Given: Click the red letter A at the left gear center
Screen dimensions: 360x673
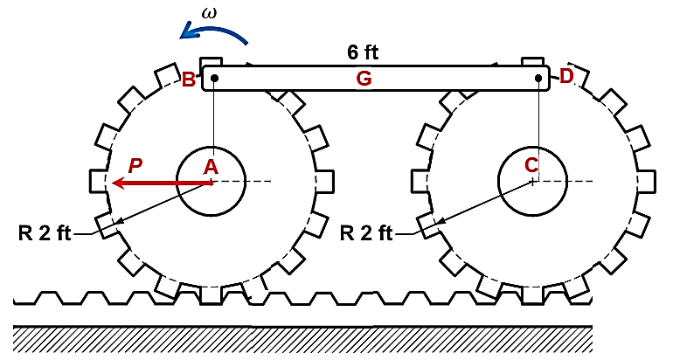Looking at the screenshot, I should point(212,166).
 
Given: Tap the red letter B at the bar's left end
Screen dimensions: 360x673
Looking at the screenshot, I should point(188,80).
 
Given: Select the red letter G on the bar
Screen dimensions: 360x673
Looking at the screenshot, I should point(364,79).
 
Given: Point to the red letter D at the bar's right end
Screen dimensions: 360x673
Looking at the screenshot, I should point(565,76).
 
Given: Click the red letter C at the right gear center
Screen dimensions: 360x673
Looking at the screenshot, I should point(531,165).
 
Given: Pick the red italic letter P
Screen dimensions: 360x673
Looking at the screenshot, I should point(134,165).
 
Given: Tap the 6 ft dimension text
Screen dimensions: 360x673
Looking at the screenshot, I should point(363,52).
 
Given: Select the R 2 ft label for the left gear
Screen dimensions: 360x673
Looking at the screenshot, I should point(47,233).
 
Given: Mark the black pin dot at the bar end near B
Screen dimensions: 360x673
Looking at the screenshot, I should point(214,79).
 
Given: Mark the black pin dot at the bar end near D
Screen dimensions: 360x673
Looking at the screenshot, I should point(539,79).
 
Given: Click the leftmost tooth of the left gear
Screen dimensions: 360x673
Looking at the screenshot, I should point(99,182).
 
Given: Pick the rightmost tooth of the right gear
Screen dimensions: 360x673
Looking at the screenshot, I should point(647,182).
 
